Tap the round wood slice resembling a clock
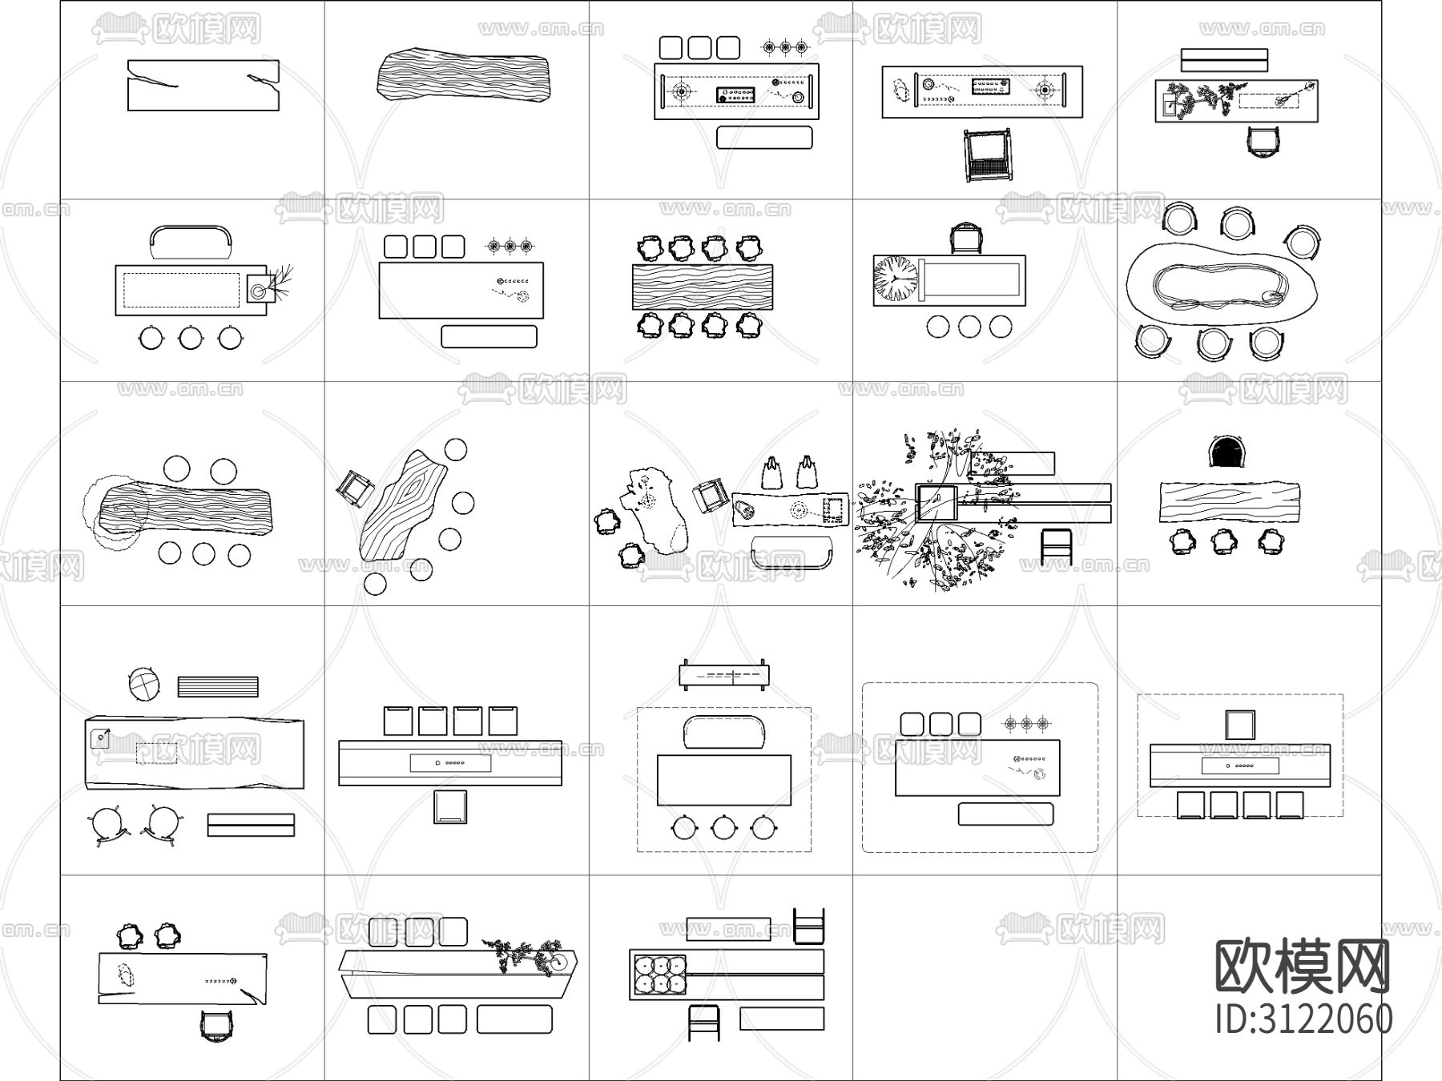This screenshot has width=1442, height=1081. pos(896,279)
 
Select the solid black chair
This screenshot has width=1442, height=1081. pos(1229,452)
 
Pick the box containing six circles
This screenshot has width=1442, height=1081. pos(659,974)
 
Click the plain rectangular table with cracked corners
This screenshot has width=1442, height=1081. pos(203,85)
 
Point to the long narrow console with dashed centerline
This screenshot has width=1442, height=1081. pos(724,675)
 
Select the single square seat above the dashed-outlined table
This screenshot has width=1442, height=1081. pos(1240,725)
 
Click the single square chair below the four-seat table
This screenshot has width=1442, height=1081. pos(450,806)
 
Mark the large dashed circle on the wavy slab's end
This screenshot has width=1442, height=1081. pos(115,510)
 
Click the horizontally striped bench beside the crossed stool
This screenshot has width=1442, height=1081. pos(218,687)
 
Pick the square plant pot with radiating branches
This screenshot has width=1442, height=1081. pos(260,288)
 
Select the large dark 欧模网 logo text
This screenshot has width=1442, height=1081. pos(1303,966)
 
